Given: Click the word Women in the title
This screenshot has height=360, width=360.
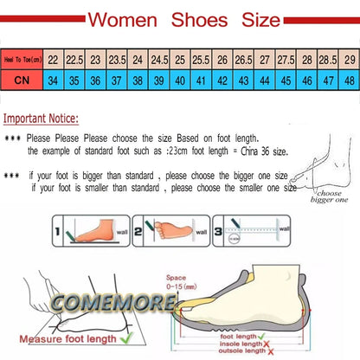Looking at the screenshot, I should point(126,18).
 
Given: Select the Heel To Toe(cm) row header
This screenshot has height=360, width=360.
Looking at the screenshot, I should point(21,60).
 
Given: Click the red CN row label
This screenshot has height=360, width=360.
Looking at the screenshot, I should point(21,80).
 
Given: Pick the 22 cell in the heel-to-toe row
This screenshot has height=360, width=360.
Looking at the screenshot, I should point(54,60).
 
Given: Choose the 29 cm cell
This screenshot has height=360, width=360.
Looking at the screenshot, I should point(348,60).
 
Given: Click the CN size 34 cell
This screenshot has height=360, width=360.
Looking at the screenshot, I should point(54,80).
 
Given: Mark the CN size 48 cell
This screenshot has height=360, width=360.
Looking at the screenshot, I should point(348,80).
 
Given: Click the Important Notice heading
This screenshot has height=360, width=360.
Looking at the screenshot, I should point(40,119).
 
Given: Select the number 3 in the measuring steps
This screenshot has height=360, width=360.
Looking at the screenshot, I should point(218,232).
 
